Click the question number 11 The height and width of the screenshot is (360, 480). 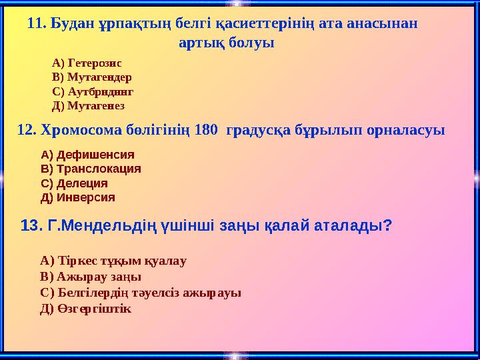[37, 24]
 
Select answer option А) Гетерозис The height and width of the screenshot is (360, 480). [86, 63]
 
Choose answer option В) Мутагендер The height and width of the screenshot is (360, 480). [91, 77]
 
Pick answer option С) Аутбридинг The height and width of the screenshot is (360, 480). [93, 91]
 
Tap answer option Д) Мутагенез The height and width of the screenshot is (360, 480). [88, 105]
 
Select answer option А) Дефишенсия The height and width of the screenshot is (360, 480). [87, 155]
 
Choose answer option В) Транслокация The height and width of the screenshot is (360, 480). [91, 169]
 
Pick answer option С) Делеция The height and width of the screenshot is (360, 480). [75, 183]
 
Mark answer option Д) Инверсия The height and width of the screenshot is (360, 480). [78, 197]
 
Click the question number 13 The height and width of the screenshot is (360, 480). [31, 226]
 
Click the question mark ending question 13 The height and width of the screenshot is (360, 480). [387, 226]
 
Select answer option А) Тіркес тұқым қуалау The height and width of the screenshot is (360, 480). [113, 261]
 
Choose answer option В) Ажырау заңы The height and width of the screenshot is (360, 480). [91, 277]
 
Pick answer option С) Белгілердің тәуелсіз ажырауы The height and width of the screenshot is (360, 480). [141, 293]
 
